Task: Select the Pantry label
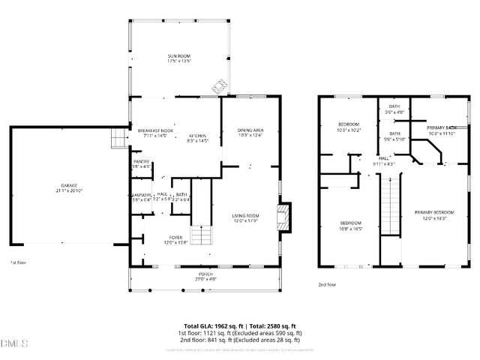click(140, 163)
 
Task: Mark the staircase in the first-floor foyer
click(200, 235)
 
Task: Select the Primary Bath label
click(441, 130)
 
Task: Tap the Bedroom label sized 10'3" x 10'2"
click(349, 127)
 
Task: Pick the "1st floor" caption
click(18, 263)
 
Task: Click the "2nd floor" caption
click(327, 285)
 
